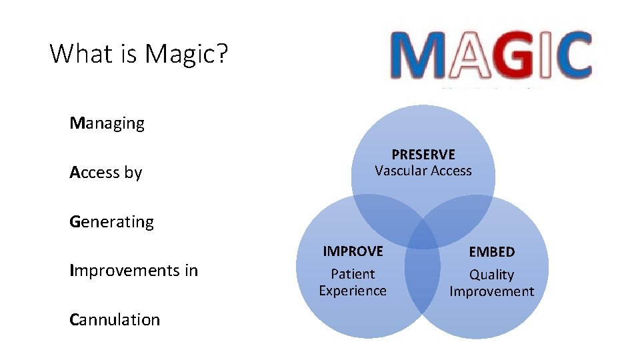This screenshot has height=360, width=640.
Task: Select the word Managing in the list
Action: point(107,123)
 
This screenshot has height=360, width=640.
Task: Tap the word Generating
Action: point(111,222)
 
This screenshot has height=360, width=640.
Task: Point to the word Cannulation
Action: point(115,320)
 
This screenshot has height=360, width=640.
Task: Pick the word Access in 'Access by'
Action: point(94,173)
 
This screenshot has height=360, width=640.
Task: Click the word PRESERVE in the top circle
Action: point(423,155)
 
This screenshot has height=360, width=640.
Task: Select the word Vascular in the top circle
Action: point(399,171)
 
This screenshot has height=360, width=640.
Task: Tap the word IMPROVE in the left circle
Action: point(353,251)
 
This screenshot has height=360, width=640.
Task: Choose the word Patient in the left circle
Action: point(353,274)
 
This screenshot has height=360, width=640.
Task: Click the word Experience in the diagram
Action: point(353,291)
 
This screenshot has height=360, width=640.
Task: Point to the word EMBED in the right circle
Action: point(492,252)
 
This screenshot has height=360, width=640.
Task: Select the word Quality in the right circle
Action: point(492,275)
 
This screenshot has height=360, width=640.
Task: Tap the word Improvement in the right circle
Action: point(492,291)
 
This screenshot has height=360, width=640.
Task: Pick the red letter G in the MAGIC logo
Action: point(513,57)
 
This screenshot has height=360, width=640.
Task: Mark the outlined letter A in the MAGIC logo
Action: point(467,57)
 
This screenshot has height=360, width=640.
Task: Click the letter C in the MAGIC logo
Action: point(570,57)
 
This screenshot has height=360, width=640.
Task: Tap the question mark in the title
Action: point(221,53)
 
